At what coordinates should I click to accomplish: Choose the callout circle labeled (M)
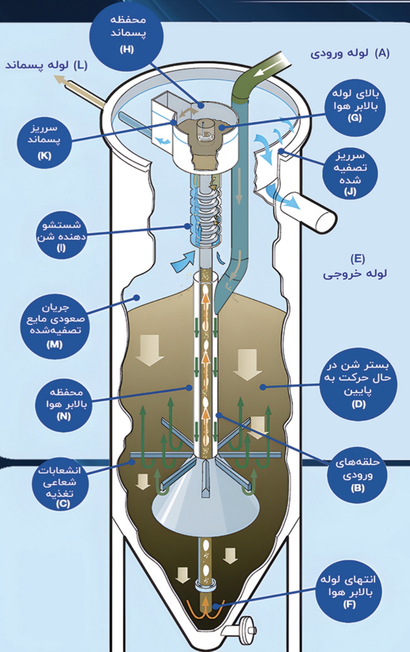click(x=54, y=325)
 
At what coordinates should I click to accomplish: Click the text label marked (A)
click(x=350, y=53)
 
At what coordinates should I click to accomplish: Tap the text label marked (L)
click(x=47, y=65)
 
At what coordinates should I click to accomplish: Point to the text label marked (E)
click(x=355, y=267)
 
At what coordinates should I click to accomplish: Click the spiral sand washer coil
click(x=209, y=216)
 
